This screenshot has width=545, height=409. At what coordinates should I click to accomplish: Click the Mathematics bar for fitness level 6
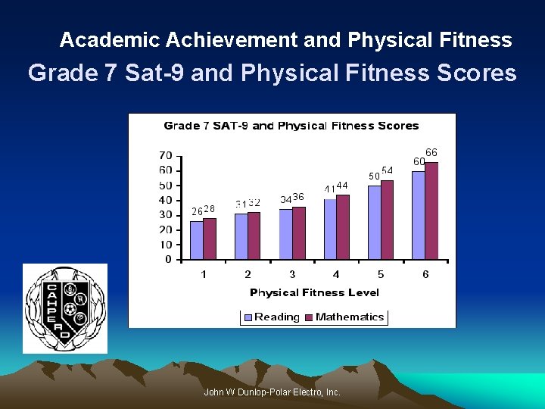click(431, 211)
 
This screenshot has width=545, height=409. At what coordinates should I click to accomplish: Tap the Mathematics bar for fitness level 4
click(343, 227)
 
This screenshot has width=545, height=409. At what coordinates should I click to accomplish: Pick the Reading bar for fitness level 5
click(375, 223)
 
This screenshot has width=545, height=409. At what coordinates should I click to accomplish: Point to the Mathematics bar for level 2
click(254, 236)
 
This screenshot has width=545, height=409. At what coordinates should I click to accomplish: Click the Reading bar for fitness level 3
click(285, 234)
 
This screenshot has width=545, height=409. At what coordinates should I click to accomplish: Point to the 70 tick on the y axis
click(165, 155)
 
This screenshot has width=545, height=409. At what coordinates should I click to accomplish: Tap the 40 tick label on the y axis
click(165, 200)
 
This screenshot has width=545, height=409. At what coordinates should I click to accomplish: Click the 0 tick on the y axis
click(168, 260)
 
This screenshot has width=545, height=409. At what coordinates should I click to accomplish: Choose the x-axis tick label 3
click(292, 274)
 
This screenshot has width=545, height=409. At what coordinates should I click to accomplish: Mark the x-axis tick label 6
click(425, 274)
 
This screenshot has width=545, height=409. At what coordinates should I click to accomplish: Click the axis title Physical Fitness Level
click(314, 292)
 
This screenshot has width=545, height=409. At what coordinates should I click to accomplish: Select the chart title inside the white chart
click(291, 126)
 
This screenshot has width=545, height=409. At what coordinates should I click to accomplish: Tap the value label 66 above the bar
click(431, 152)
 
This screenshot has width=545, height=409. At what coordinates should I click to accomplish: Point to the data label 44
click(342, 186)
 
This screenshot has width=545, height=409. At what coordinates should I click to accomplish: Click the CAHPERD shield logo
click(65, 308)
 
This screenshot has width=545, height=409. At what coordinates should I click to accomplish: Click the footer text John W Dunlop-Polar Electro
click(272, 392)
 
